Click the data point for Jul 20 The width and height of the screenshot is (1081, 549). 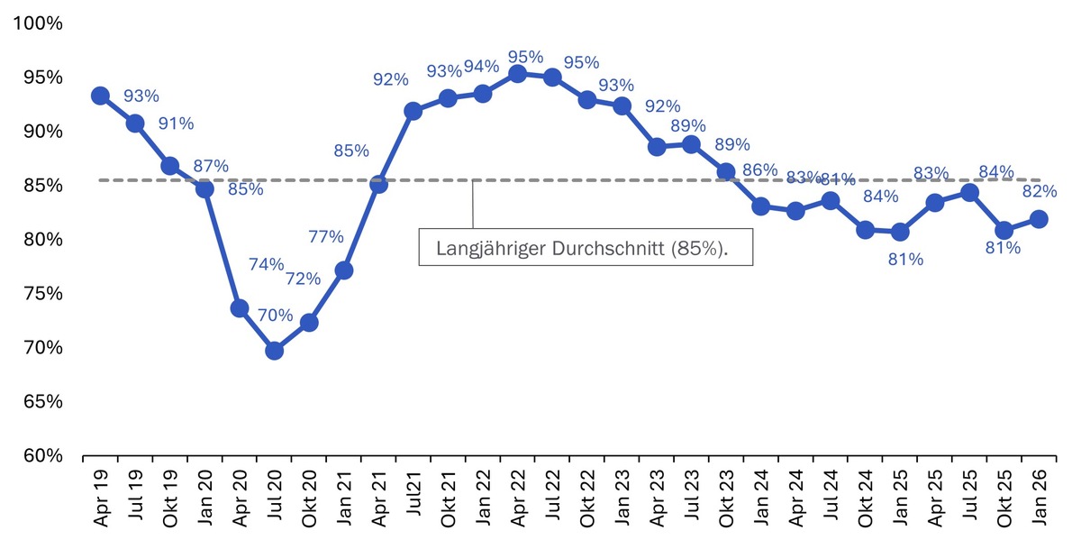[x=274, y=350]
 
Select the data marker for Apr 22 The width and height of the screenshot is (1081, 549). [x=517, y=74]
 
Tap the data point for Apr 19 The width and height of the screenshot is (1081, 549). [x=100, y=96]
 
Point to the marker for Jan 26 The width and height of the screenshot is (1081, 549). [x=1039, y=219]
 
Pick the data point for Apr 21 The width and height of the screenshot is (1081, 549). [x=378, y=184]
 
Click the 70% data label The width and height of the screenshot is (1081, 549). [x=276, y=316]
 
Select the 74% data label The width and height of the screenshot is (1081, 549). [x=267, y=264]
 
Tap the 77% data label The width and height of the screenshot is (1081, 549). [x=326, y=237]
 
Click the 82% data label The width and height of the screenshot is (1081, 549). [x=1040, y=191]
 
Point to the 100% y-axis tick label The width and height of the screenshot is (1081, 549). [x=37, y=23]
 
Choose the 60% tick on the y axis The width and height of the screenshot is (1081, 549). [x=41, y=456]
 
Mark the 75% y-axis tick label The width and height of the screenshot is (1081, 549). [x=41, y=294]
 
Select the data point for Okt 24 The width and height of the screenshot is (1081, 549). [x=865, y=230]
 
